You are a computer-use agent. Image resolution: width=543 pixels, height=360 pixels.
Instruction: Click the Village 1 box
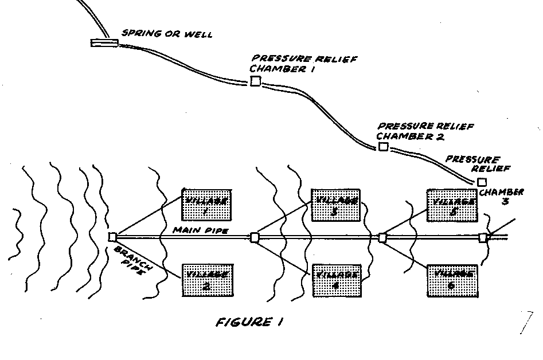207,204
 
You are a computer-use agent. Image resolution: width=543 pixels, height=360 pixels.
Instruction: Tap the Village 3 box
335,204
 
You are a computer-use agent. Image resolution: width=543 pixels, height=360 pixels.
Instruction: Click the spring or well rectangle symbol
104,42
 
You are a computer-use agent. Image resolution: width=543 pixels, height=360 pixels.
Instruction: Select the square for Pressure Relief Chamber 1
255,81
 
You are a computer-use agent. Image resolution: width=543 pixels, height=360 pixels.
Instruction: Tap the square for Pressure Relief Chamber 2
383,147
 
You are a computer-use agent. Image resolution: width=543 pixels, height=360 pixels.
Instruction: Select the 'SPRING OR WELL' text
167,34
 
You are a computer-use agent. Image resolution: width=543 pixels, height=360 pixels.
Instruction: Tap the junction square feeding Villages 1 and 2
112,236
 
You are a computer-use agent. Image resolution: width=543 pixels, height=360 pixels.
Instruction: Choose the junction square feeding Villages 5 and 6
382,237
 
